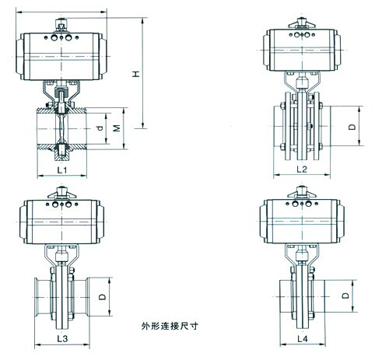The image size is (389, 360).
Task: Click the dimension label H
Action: (136, 74)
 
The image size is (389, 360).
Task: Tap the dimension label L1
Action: (62, 170)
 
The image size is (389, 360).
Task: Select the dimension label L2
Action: (302, 170)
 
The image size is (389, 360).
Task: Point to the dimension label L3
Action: (62, 338)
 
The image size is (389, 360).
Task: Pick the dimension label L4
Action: (303, 339)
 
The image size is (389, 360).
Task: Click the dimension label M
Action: (117, 128)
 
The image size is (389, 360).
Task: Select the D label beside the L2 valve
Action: (352, 127)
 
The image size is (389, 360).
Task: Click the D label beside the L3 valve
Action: (103, 296)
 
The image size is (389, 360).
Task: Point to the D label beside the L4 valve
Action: (345, 295)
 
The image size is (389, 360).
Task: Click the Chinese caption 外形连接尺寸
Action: (170, 326)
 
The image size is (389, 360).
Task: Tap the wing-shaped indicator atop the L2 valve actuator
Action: (302, 23)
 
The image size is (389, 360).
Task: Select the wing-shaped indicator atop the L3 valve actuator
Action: (61, 193)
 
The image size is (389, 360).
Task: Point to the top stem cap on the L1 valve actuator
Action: (61, 26)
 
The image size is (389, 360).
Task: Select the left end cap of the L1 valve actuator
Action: (20, 56)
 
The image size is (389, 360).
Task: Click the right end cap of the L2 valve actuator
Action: (338, 50)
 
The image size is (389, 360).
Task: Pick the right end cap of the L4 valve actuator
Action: (341, 222)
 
